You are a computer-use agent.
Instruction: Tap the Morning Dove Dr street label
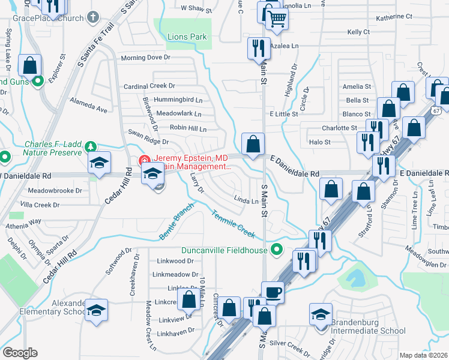click(x=146, y=58)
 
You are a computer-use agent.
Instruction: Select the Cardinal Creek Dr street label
click(x=149, y=86)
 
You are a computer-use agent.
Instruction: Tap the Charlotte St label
click(x=339, y=128)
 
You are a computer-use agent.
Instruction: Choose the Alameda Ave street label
click(x=88, y=104)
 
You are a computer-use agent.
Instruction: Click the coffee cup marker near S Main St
click(x=273, y=292)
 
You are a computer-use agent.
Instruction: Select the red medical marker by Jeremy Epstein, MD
click(x=144, y=160)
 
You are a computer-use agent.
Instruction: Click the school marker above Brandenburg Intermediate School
click(x=321, y=313)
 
